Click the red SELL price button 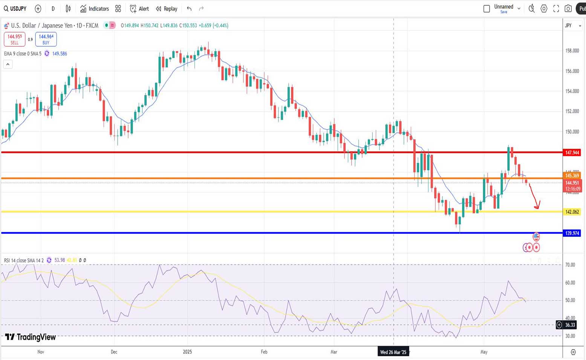pos(14,39)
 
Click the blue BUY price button pos(46,39)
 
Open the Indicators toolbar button pos(95,9)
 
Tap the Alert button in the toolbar pos(139,9)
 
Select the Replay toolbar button pos(167,9)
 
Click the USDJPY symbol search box pos(15,9)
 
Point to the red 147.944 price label pos(572,153)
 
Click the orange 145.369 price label pos(572,176)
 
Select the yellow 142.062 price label pos(572,212)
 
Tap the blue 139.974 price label pos(572,233)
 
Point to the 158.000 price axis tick pos(572,51)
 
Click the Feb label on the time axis pos(264,352)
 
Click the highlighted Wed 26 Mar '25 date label pos(393,352)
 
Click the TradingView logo pos(31,337)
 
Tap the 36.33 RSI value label pos(570,325)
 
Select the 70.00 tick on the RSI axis pos(570,265)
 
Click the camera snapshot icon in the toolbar pos(568,9)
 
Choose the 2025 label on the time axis pos(187,352)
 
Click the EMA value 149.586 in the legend pos(60,54)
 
